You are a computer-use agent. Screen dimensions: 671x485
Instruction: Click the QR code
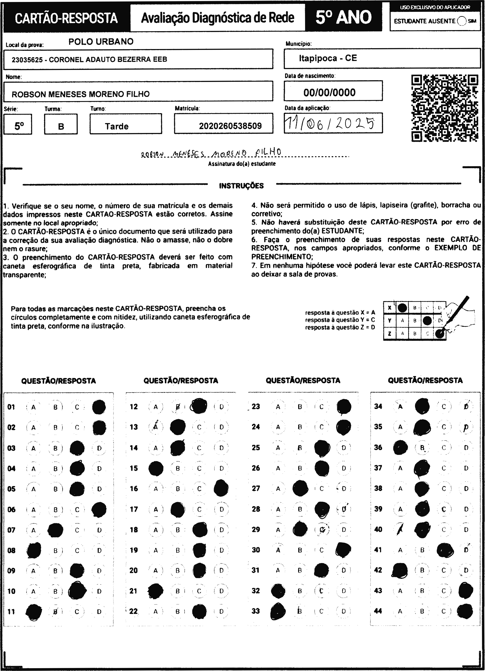coord(445,108)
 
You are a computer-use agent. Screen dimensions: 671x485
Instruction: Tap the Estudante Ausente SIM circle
coord(461,21)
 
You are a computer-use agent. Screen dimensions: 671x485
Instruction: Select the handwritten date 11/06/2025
coord(329,123)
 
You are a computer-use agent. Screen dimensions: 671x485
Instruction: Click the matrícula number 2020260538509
coord(230,126)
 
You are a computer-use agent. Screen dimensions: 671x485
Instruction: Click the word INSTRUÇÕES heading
coord(241,186)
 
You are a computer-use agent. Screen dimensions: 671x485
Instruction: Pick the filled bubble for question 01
coord(99,407)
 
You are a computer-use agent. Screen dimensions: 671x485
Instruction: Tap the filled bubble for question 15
coord(156,468)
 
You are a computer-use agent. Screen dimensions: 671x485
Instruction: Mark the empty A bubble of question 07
coord(33,530)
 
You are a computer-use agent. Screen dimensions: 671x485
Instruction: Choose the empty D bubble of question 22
coord(221,611)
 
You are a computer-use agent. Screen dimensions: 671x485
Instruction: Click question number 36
coord(378,447)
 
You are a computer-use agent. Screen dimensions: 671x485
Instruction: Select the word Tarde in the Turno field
coord(117,126)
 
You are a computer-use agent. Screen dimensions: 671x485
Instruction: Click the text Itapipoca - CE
coord(327,58)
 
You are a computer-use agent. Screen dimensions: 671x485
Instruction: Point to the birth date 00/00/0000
coord(329,92)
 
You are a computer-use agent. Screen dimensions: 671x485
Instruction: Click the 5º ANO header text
coord(343,17)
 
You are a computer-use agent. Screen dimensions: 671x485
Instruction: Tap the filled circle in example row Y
coord(427,320)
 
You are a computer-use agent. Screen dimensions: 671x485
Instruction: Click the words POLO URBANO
coord(101,42)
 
